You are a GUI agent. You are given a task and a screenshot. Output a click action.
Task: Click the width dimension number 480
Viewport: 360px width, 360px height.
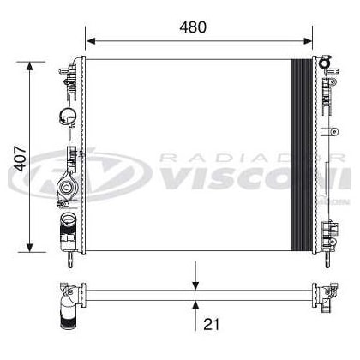[193, 27]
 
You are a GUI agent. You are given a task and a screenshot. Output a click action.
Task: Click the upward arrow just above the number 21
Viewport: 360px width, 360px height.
[197, 303]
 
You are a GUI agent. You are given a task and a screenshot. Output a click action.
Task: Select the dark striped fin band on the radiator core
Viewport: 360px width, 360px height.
[302, 154]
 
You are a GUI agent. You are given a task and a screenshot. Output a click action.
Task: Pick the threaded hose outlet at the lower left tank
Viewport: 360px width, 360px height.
[67, 228]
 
